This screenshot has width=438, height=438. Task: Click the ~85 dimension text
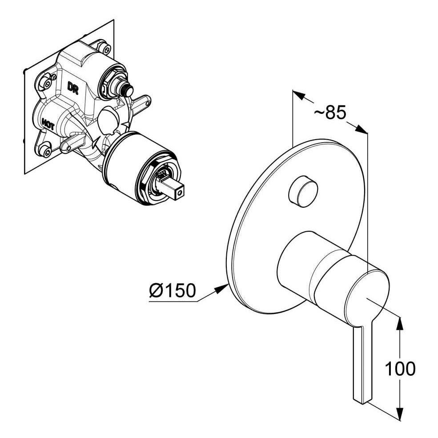coord(330,113)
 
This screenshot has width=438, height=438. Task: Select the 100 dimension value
coord(400,369)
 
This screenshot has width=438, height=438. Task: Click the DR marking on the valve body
coord(73,88)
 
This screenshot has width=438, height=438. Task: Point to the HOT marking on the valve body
coord(48,124)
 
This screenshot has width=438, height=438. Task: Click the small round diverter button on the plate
coord(303,192)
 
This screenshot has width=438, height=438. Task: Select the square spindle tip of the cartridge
coord(177,192)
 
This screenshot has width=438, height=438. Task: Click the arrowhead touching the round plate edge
coord(222,289)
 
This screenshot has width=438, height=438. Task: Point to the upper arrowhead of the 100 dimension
coord(400,324)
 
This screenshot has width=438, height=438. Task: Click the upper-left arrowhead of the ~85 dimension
coord(299,95)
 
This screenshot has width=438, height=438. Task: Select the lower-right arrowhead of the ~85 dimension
coord(361,129)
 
